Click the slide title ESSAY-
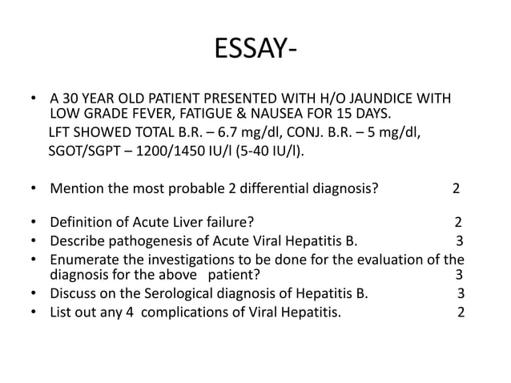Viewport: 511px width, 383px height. pos(255,51)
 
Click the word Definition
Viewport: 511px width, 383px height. pos(82,224)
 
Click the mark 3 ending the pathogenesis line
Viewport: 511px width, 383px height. pos(459,241)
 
